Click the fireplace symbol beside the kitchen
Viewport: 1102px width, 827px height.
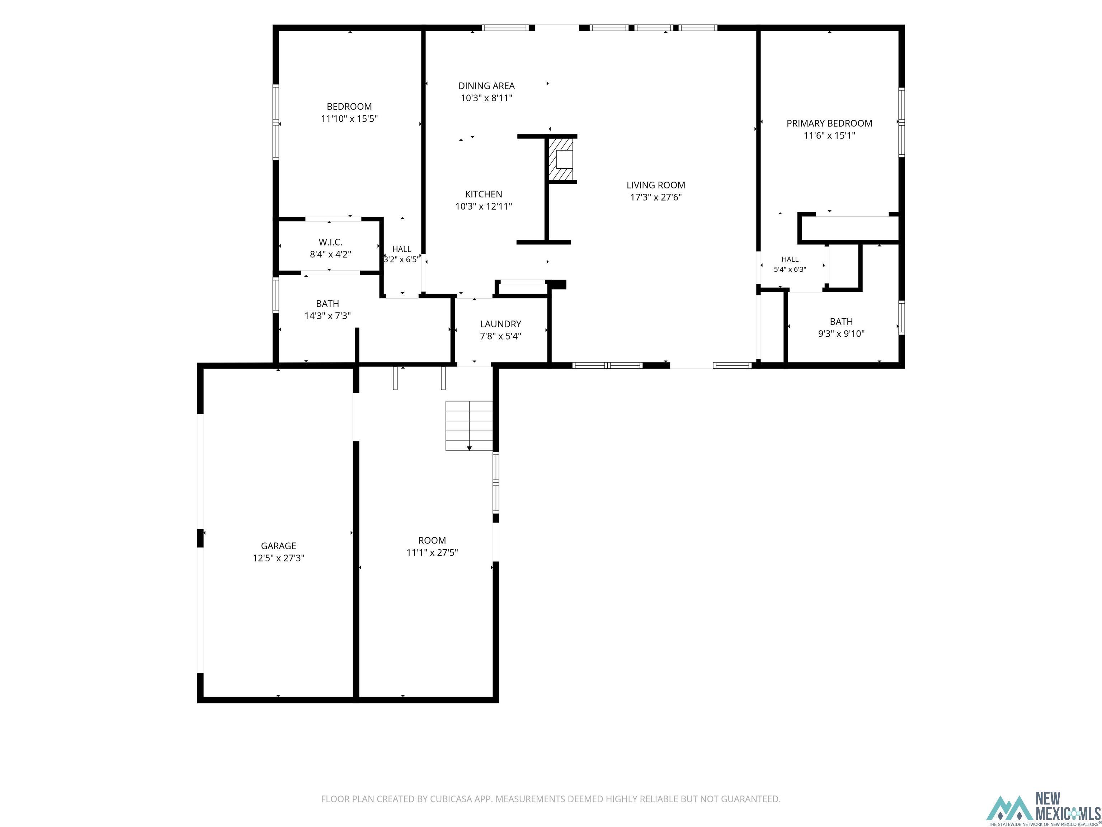(x=561, y=159)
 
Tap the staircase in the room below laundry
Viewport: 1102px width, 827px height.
(x=469, y=426)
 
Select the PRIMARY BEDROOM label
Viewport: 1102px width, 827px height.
(x=829, y=123)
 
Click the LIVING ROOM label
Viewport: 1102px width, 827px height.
(x=656, y=185)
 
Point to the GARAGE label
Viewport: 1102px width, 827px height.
(x=278, y=546)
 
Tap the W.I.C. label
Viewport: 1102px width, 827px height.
(x=330, y=242)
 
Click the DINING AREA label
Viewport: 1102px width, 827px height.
(x=486, y=86)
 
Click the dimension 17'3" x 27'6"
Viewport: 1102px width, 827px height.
(x=656, y=197)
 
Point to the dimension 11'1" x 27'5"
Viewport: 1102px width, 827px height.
(x=432, y=552)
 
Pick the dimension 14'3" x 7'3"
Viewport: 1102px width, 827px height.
(x=327, y=316)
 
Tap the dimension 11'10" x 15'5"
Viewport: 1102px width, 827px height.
(x=349, y=119)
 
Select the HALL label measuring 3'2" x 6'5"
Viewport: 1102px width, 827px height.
(x=401, y=249)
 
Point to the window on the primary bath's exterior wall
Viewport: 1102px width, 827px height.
(x=901, y=318)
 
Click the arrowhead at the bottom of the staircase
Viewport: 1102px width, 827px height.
(x=469, y=448)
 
